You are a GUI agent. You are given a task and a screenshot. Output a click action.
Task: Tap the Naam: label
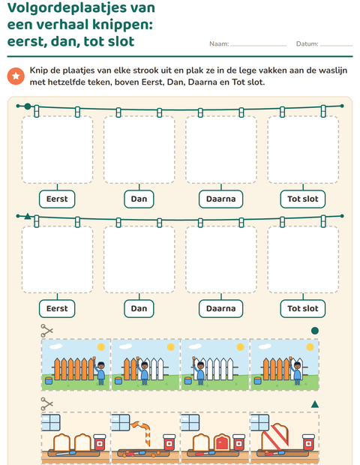(219, 44)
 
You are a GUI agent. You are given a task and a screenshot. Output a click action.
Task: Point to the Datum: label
(307, 44)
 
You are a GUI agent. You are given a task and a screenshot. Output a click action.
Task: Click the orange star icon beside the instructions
(16, 76)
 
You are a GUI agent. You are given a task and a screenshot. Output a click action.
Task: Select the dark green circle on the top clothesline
(28, 106)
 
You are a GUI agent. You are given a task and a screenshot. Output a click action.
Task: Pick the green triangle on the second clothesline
(28, 216)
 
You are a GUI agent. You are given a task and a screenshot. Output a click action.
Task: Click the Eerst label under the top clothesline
(57, 199)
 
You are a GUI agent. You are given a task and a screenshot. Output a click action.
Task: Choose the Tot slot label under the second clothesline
(303, 309)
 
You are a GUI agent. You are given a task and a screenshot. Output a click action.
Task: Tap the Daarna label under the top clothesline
(221, 199)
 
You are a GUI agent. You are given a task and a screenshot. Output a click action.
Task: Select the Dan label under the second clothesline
(139, 309)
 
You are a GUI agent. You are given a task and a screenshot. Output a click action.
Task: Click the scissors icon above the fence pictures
(46, 330)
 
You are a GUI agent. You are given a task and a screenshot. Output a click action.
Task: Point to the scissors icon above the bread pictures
(46, 403)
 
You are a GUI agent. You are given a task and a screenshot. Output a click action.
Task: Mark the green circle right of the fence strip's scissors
(315, 331)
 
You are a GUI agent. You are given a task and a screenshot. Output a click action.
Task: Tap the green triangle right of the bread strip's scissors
(315, 404)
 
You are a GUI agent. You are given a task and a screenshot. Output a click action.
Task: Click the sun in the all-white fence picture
(240, 347)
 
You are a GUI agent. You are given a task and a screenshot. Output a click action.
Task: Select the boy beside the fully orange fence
(100, 373)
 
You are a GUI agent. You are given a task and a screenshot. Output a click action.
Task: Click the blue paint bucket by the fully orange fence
(49, 381)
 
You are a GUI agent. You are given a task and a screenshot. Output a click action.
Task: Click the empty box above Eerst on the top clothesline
(57, 149)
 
